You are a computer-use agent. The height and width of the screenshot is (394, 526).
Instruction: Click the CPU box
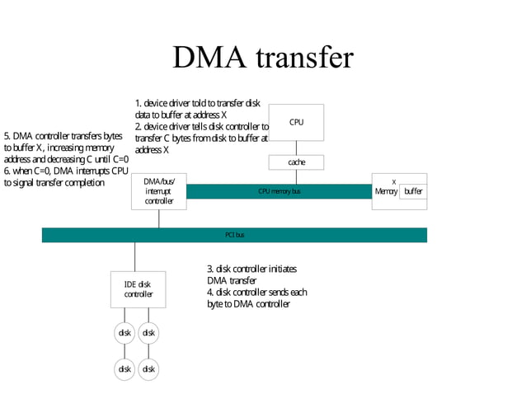point(296,122)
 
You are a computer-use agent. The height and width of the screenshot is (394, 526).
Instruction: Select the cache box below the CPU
point(296,162)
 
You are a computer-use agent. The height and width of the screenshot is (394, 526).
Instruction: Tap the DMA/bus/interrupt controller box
point(159,190)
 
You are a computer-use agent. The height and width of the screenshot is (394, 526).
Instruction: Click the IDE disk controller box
point(139,289)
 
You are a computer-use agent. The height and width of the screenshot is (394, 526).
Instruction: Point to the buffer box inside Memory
point(413,191)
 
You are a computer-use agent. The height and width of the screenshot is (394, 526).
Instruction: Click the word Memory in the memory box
point(386,191)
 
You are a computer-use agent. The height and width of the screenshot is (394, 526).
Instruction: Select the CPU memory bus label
point(279,191)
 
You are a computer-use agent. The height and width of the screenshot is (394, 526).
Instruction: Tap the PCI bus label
point(235,235)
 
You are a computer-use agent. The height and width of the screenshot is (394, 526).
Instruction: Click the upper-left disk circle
point(125,333)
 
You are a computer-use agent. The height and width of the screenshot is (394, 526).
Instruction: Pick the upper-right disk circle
point(148,333)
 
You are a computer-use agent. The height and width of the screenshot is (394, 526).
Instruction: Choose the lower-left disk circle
point(125,368)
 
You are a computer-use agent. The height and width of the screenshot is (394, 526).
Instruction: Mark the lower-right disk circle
point(148,368)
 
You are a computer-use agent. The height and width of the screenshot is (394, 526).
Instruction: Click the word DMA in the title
point(209,58)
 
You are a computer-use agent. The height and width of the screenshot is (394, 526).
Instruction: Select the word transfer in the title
point(305,58)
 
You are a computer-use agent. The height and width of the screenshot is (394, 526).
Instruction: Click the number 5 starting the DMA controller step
point(7,136)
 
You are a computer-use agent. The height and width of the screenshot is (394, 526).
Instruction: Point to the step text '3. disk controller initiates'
point(251,269)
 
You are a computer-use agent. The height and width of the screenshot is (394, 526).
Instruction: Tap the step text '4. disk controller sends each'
point(256,292)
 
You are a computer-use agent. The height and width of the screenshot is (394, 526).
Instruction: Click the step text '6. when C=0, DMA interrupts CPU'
point(66,171)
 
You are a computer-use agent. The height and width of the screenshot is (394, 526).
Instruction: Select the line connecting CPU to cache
point(296,148)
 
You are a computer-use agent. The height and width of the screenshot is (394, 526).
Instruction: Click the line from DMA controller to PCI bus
point(159,218)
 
